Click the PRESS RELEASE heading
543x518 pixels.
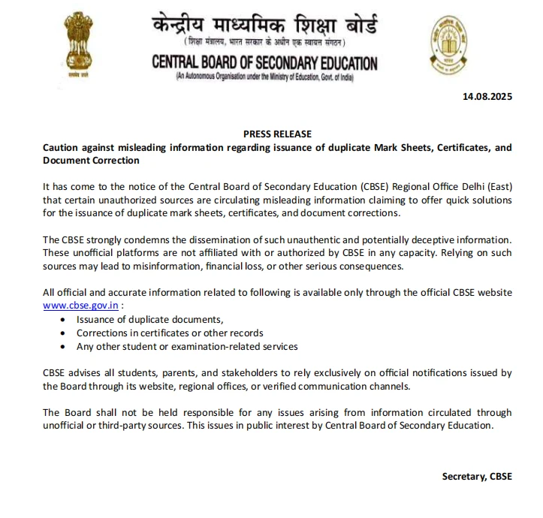point(277,134)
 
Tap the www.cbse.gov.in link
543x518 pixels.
point(80,306)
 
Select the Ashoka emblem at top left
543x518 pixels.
point(74,45)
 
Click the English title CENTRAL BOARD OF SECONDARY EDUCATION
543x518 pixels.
point(264,63)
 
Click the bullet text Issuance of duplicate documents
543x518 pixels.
point(150,319)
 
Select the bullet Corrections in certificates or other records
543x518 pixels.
point(170,333)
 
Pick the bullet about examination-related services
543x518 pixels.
point(187,346)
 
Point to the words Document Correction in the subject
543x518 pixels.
point(91,160)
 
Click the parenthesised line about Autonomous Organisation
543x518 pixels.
point(264,77)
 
